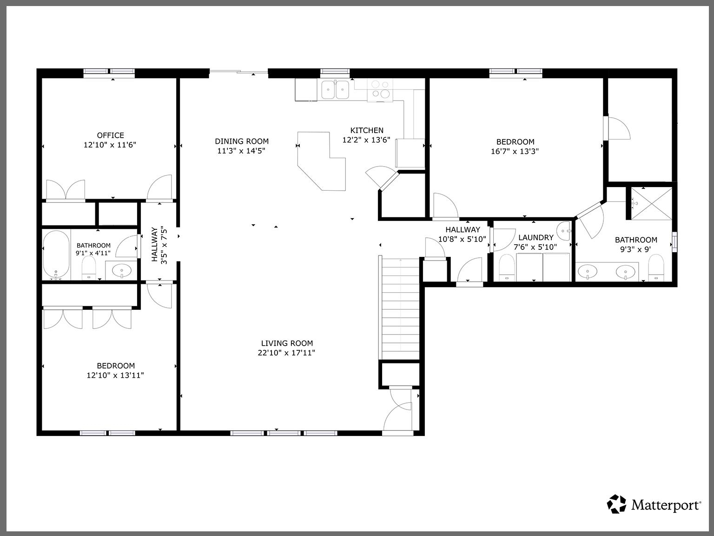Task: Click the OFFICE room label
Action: (x=110, y=135)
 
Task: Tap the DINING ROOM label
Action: (x=241, y=141)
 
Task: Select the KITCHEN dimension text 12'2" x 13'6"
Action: (x=366, y=140)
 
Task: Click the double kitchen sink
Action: (x=336, y=89)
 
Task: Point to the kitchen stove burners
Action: (x=380, y=89)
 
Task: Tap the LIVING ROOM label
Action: (x=287, y=343)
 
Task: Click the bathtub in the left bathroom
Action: (x=56, y=255)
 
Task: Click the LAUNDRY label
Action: (x=535, y=238)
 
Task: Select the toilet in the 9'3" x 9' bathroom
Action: (x=656, y=270)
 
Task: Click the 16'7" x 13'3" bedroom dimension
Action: (x=515, y=151)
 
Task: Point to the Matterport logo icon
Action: (x=617, y=504)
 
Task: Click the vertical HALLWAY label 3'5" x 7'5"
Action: (x=159, y=245)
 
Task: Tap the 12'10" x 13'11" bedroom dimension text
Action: (x=115, y=375)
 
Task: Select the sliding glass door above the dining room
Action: (x=238, y=72)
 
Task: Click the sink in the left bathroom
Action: (x=122, y=270)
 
